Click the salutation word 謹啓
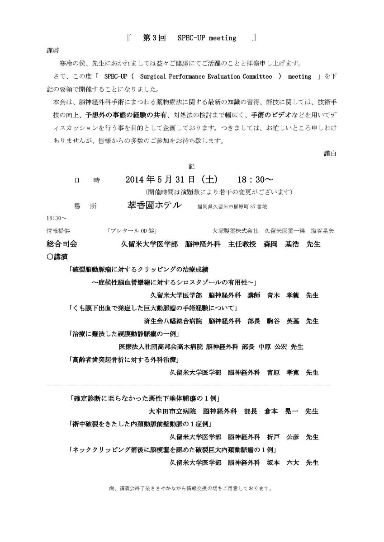click(x=53, y=50)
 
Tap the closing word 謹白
click(x=330, y=153)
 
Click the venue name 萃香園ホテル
click(x=155, y=205)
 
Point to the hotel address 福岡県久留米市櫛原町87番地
click(x=232, y=206)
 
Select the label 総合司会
click(x=62, y=244)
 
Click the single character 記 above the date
click(x=191, y=166)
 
